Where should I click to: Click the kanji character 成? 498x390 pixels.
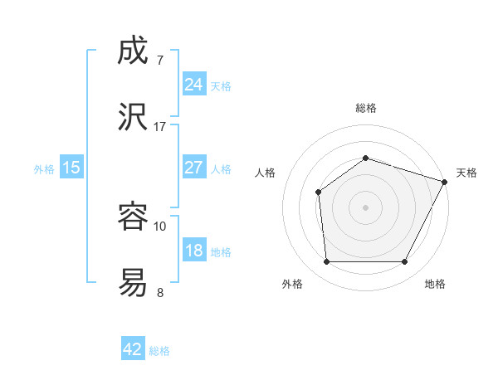pyautogui.click(x=134, y=51)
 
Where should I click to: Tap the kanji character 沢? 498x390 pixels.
pyautogui.click(x=134, y=118)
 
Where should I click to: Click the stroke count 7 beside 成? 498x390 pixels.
pyautogui.click(x=159, y=61)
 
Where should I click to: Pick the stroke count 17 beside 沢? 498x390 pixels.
pyautogui.click(x=160, y=127)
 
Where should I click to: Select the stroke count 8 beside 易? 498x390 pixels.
pyautogui.click(x=159, y=292)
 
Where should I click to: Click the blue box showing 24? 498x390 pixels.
pyautogui.click(x=193, y=84)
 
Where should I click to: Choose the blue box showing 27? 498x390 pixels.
pyautogui.click(x=193, y=168)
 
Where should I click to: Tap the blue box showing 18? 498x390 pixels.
pyautogui.click(x=193, y=251)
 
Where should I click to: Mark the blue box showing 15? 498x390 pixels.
pyautogui.click(x=71, y=168)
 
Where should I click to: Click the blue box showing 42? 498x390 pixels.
pyautogui.click(x=133, y=349)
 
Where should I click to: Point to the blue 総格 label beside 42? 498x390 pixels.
pyautogui.click(x=159, y=351)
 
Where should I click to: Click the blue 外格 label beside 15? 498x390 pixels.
pyautogui.click(x=44, y=169)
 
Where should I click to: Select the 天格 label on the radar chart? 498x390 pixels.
pyautogui.click(x=466, y=173)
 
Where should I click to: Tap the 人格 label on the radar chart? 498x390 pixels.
pyautogui.click(x=266, y=173)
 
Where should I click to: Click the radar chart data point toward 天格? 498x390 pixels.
pyautogui.click(x=446, y=181)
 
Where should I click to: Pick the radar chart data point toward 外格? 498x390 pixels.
pyautogui.click(x=326, y=262)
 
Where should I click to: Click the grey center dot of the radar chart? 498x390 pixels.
pyautogui.click(x=365, y=207)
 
